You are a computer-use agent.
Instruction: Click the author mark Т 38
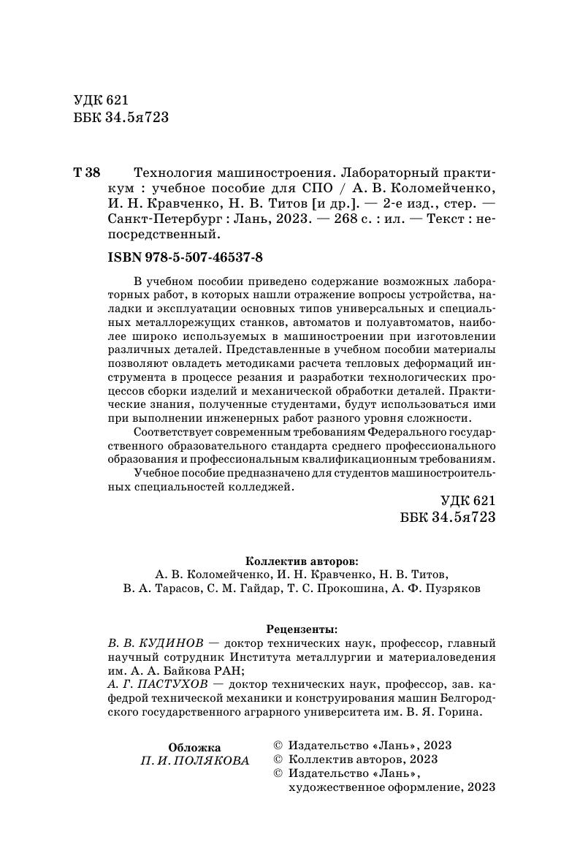(87, 173)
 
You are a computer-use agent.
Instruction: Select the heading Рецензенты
(302, 628)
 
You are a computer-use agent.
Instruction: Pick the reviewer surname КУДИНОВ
(165, 643)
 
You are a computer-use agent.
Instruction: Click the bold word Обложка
(194, 747)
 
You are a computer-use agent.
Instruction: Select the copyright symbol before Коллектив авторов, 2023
(278, 759)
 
